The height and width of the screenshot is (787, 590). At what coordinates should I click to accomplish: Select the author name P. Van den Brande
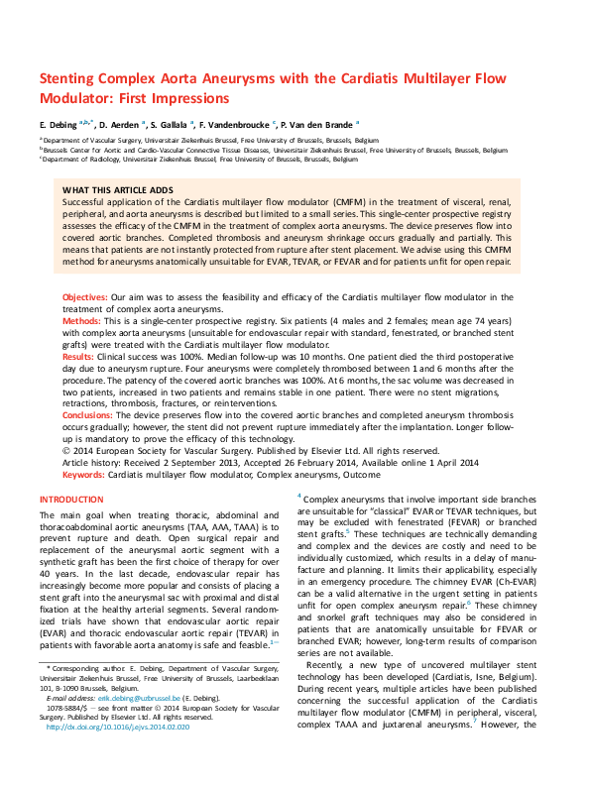(321, 125)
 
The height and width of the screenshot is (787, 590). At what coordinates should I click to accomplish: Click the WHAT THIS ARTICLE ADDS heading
(117, 189)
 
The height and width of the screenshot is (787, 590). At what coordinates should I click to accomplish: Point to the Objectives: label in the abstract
(84, 296)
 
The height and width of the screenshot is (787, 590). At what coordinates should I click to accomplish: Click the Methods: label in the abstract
(81, 322)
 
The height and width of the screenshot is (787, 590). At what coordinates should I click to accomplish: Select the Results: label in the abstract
(79, 354)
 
